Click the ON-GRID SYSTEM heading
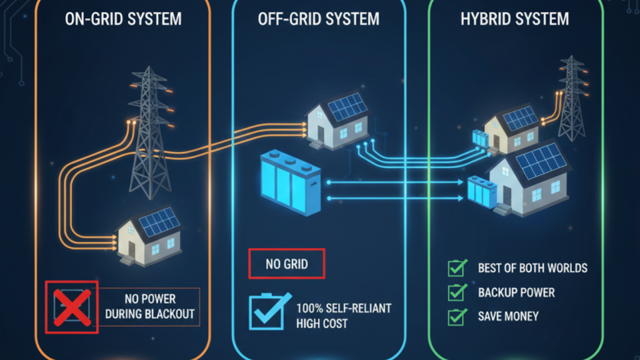click(123, 19)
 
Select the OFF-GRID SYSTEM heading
click(319, 19)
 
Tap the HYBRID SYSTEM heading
click(515, 19)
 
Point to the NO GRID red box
click(287, 264)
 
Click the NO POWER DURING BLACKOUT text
click(149, 306)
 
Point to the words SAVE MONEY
click(507, 317)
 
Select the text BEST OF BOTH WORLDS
click(532, 268)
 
